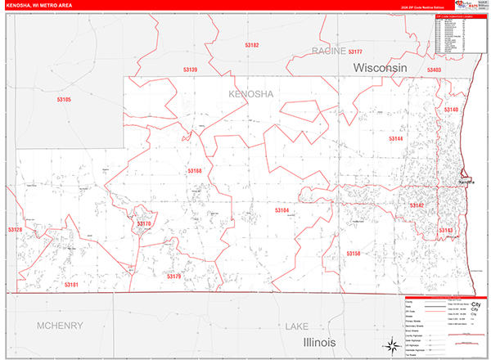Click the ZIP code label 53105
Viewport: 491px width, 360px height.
click(64, 100)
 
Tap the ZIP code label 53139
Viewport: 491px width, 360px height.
click(189, 70)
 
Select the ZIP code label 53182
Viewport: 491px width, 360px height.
click(250, 45)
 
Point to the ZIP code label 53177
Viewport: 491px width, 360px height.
click(355, 52)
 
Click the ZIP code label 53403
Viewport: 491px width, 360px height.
click(434, 70)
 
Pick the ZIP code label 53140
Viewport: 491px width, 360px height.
click(451, 110)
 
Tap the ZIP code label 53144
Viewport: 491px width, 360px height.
click(395, 139)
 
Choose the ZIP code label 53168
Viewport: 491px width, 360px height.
click(194, 171)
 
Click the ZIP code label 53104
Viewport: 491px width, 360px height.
click(282, 210)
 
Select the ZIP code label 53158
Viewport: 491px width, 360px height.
click(353, 254)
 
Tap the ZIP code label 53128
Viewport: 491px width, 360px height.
click(15, 230)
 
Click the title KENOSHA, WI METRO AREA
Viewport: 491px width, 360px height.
click(41, 5)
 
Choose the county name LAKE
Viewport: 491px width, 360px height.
click(296, 326)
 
